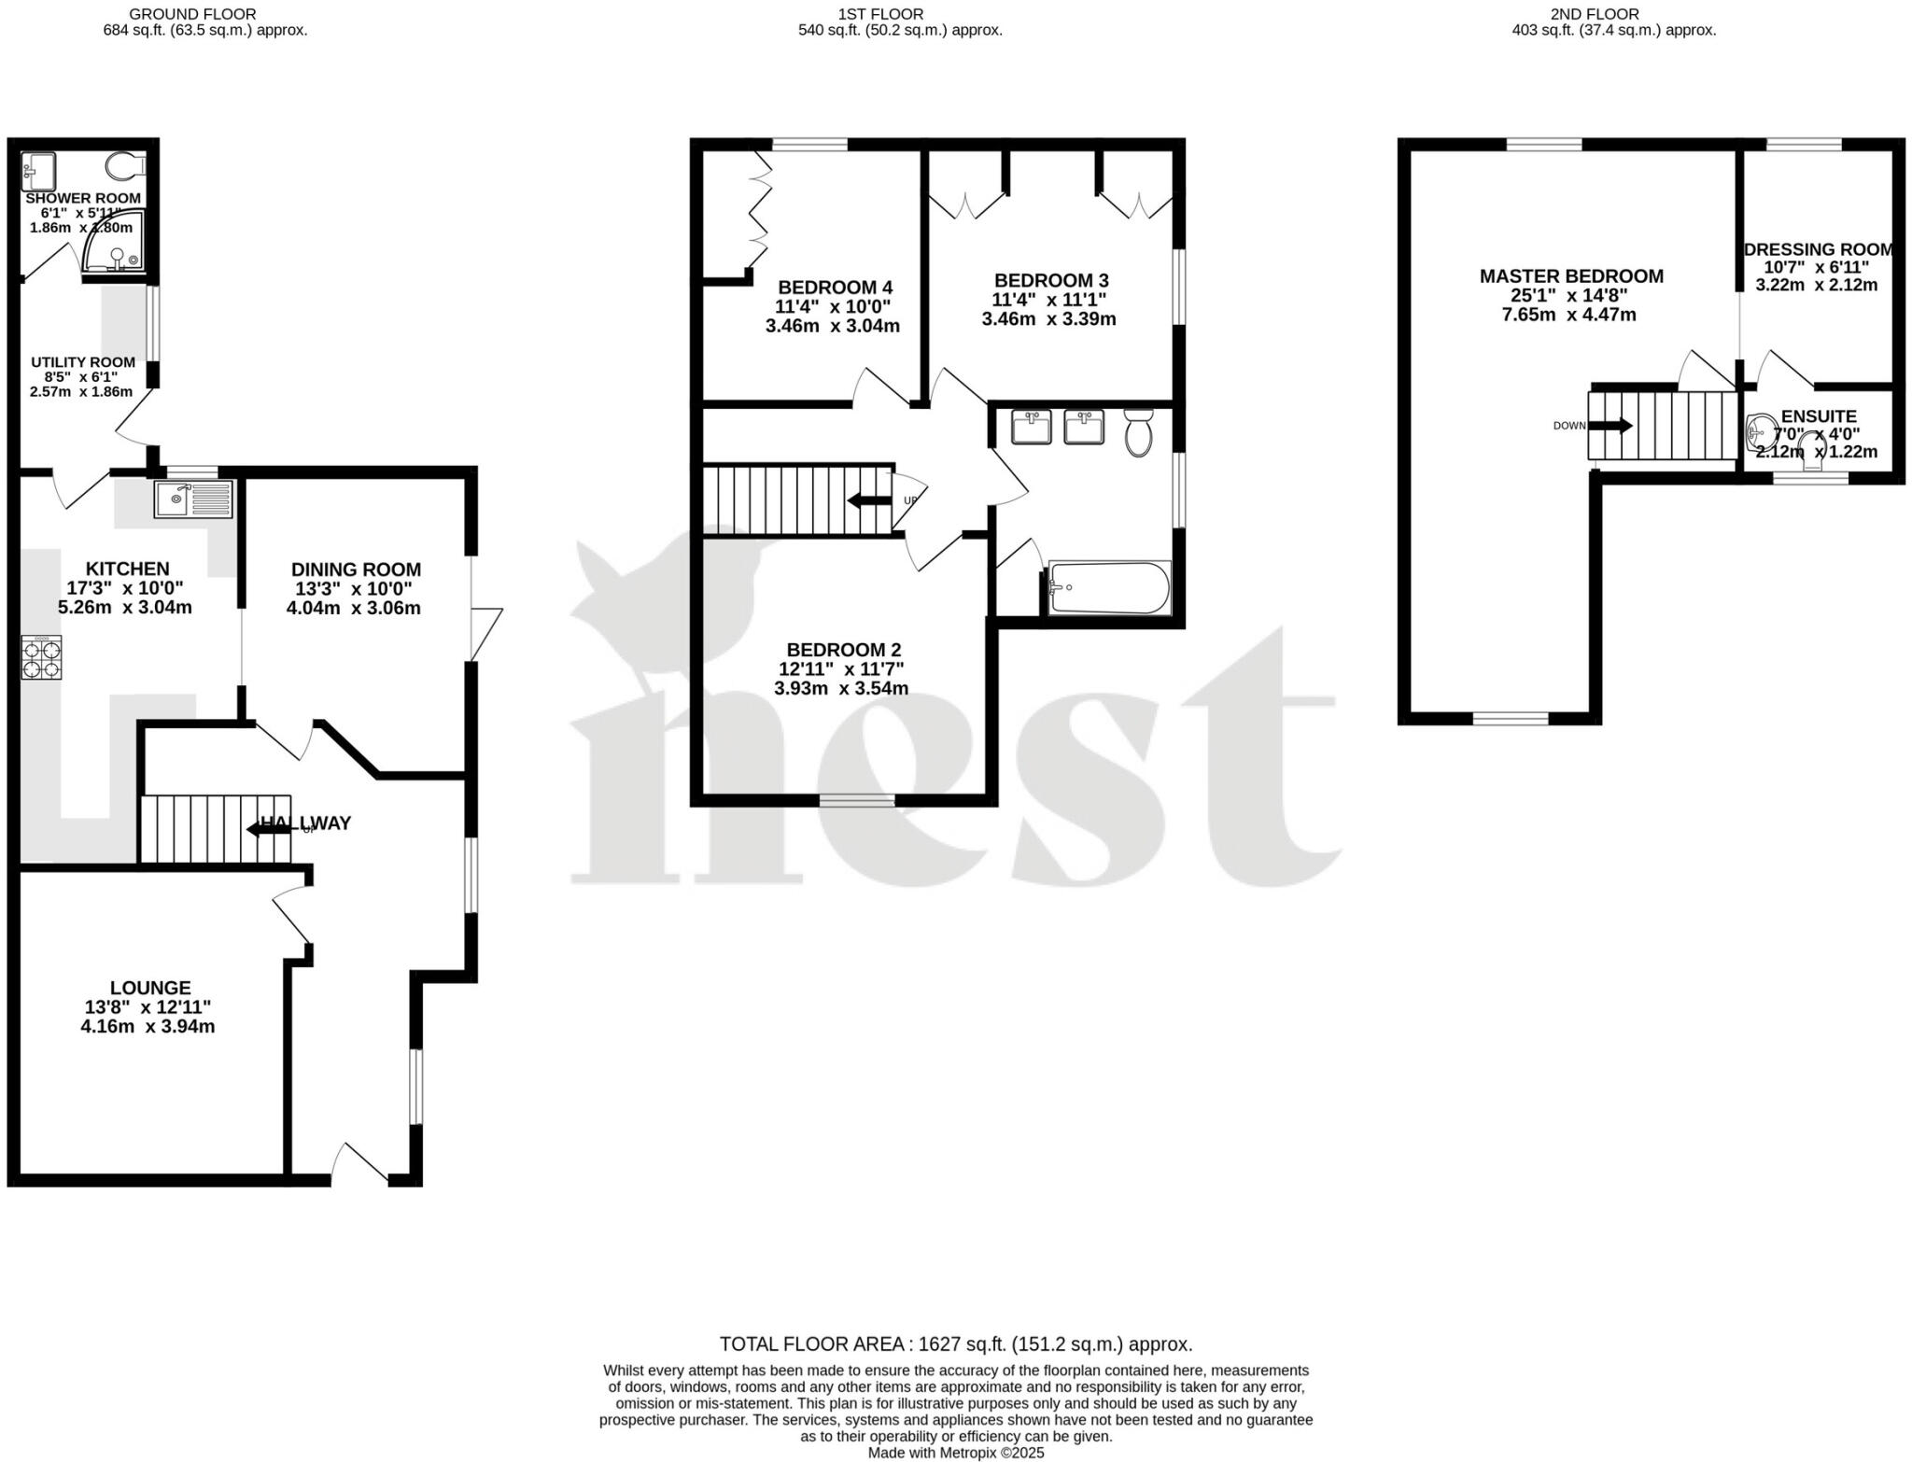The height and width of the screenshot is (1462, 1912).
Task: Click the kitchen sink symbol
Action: pyautogui.click(x=194, y=499)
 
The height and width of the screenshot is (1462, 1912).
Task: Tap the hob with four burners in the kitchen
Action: pyautogui.click(x=42, y=657)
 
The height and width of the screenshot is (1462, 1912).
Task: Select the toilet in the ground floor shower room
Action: pyautogui.click(x=125, y=167)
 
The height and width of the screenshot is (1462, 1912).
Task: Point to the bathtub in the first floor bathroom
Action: pyautogui.click(x=1109, y=588)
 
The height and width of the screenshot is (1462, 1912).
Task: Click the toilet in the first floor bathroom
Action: pyautogui.click(x=1138, y=433)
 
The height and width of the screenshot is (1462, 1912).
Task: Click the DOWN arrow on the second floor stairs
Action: pyautogui.click(x=1610, y=426)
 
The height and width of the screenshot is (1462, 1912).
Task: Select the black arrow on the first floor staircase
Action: pyautogui.click(x=868, y=501)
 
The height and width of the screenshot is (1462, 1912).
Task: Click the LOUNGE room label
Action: pyautogui.click(x=150, y=988)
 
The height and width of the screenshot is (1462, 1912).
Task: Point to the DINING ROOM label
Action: pyautogui.click(x=356, y=569)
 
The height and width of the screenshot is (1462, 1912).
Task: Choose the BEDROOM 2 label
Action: pyautogui.click(x=843, y=650)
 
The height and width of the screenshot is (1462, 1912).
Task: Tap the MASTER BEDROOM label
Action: pyautogui.click(x=1571, y=276)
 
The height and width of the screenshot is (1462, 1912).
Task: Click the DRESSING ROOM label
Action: pyautogui.click(x=1818, y=249)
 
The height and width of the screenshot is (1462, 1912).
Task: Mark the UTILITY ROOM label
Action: pyautogui.click(x=83, y=362)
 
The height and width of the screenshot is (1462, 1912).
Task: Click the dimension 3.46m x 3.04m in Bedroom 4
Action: pyautogui.click(x=832, y=326)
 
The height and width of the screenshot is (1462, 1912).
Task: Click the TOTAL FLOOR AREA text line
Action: pyautogui.click(x=955, y=1344)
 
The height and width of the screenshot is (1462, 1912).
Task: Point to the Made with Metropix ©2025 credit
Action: pyautogui.click(x=955, y=1453)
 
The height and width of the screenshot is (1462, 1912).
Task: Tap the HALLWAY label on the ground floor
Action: pyautogui.click(x=306, y=823)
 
